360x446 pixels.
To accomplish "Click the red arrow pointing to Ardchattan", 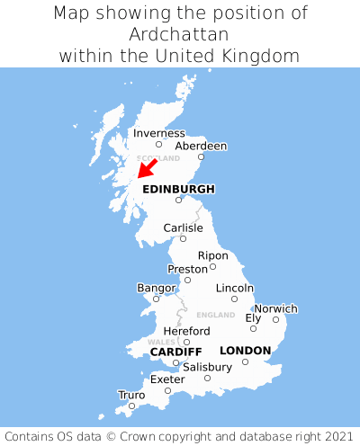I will point(146,168).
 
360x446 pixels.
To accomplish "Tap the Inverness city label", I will point(158,133).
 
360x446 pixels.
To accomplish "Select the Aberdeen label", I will point(201,146).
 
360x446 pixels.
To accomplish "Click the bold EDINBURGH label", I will point(179,189).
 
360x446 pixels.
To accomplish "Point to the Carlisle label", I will point(183,227).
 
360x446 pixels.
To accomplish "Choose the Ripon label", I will point(213,255).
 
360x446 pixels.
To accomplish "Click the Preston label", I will point(187,269).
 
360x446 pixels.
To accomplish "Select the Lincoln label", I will point(235,288).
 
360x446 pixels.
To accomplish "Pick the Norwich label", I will point(275,308).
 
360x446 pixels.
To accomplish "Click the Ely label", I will point(253,317).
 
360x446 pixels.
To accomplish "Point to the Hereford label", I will point(186,331).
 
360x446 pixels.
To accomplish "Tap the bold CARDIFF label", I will point(175,351).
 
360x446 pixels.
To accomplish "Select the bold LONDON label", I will point(245,351).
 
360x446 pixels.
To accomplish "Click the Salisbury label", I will point(207,367).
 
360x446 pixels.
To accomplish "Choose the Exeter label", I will point(167,379).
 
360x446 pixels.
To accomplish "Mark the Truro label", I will point(131,395).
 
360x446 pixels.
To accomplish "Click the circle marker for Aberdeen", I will point(202,157).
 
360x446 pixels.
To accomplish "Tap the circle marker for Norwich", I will point(276,319).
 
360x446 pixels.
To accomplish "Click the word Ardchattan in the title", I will point(180,34).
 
